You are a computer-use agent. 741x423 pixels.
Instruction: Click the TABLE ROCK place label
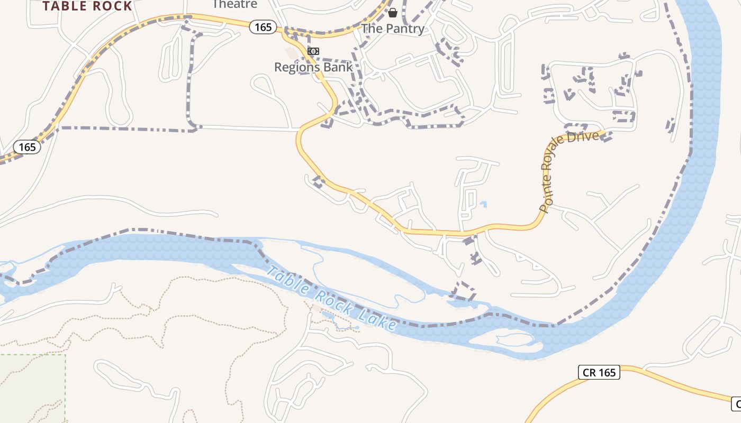[x=87, y=6]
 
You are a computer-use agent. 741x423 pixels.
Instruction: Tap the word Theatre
[x=234, y=4]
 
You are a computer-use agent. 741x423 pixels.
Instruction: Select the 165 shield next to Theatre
[x=263, y=27]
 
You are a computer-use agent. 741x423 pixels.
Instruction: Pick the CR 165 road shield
[x=599, y=372]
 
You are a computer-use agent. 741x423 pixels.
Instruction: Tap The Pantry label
[x=393, y=29]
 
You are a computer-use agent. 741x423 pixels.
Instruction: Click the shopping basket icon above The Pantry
[x=393, y=12]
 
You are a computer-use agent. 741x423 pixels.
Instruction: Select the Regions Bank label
[x=313, y=67]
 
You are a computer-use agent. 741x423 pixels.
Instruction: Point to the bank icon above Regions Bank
[x=313, y=51]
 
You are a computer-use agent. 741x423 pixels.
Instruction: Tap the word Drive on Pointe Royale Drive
[x=586, y=137]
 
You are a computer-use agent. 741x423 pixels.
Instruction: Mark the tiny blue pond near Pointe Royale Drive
[x=483, y=204]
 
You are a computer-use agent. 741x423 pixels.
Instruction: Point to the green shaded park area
[x=32, y=389]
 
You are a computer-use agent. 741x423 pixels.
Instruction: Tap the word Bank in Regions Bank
[x=338, y=67]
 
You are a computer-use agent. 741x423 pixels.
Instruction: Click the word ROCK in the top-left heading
[x=112, y=6]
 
